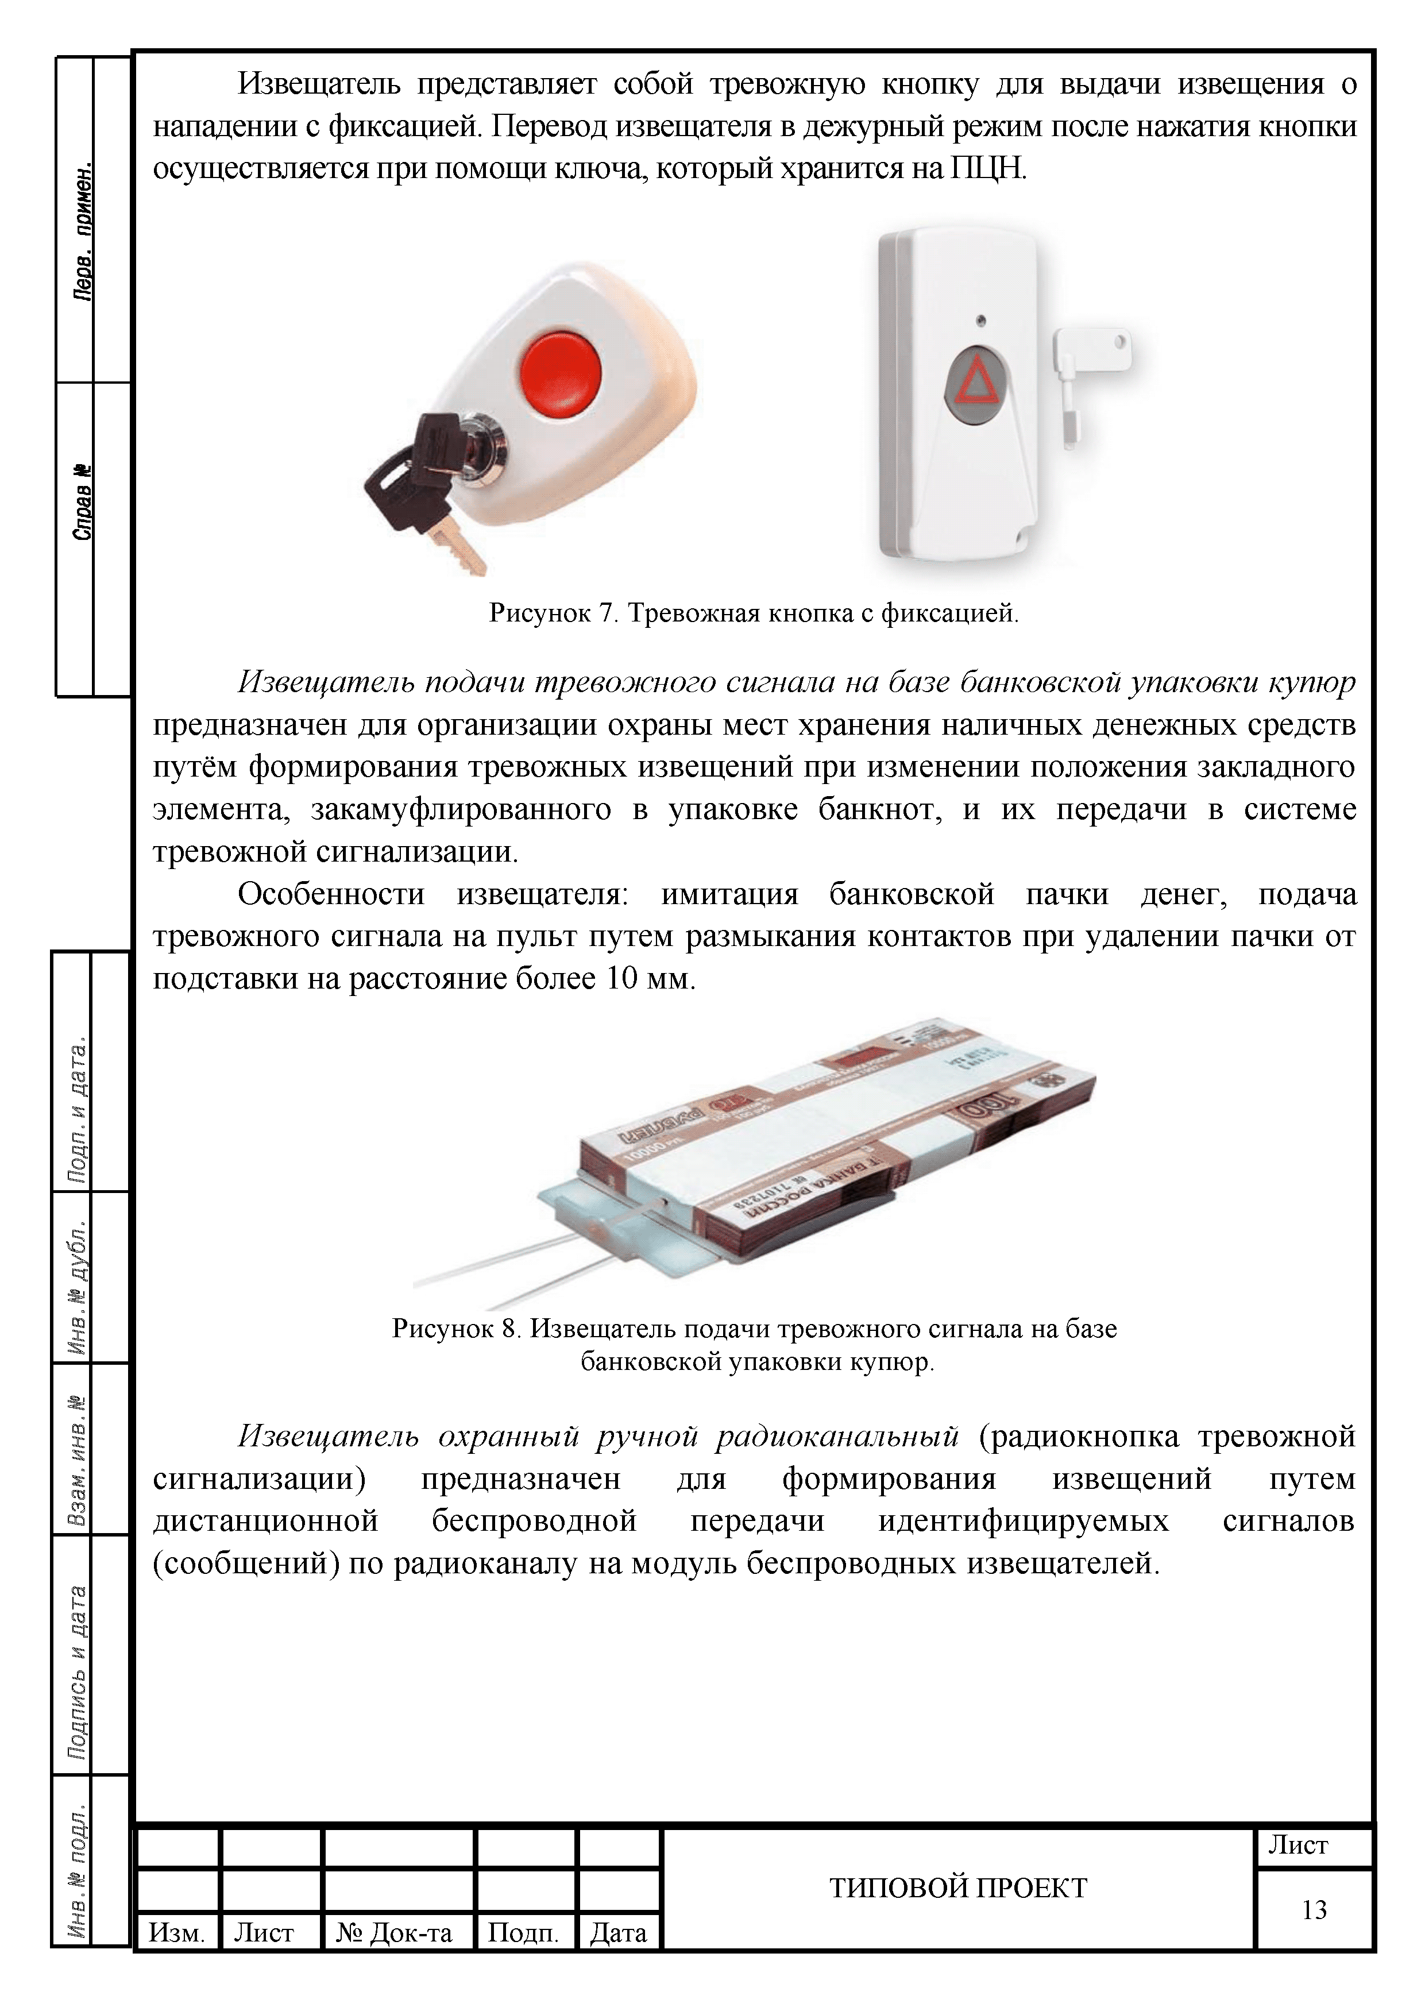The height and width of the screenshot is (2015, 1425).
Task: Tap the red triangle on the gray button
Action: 976,386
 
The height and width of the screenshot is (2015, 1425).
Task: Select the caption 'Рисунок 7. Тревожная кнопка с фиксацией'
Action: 754,612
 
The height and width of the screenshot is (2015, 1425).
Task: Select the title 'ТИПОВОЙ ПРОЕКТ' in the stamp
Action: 958,1887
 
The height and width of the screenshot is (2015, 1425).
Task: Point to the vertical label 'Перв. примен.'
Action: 82,233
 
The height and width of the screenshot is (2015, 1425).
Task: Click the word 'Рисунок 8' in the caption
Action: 456,1329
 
